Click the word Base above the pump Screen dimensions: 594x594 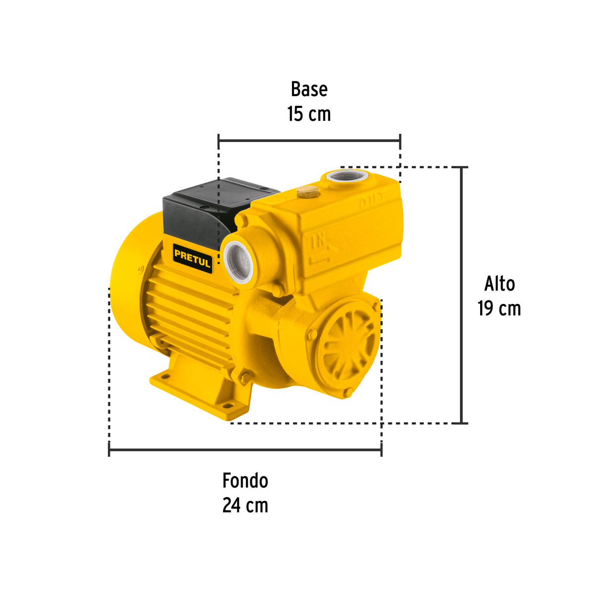tap(309, 89)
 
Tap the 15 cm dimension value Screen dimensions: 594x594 tap(309, 114)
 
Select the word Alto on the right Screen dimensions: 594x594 tap(499, 284)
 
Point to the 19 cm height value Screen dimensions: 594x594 tap(499, 308)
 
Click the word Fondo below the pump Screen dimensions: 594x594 tap(246, 481)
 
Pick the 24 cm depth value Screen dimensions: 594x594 tap(246, 505)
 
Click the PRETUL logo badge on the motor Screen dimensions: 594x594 tap(193, 258)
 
